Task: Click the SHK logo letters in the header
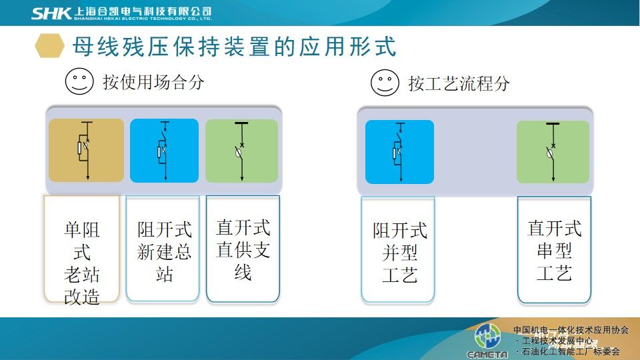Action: [x=51, y=13]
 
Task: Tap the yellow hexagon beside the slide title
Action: [x=50, y=45]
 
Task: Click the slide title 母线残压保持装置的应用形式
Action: [x=234, y=46]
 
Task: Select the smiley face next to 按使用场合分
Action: [x=79, y=81]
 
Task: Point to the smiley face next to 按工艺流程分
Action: [x=385, y=83]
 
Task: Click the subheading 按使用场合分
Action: [x=153, y=83]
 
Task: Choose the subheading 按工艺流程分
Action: [x=459, y=84]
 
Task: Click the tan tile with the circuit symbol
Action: [x=86, y=150]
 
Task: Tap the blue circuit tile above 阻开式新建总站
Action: [x=164, y=151]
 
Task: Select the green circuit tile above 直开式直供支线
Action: [x=241, y=151]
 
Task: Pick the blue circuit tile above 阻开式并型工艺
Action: [x=399, y=152]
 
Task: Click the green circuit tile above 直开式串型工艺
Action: [x=553, y=152]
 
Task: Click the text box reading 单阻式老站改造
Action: [x=82, y=249]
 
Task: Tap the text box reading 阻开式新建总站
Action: [x=163, y=249]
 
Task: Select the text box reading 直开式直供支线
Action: [x=243, y=249]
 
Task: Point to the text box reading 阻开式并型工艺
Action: [x=398, y=250]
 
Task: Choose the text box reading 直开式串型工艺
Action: [x=554, y=250]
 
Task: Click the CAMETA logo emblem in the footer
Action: [x=487, y=337]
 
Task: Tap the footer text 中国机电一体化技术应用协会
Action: [x=571, y=330]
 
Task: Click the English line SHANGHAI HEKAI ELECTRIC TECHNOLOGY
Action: [x=143, y=19]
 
